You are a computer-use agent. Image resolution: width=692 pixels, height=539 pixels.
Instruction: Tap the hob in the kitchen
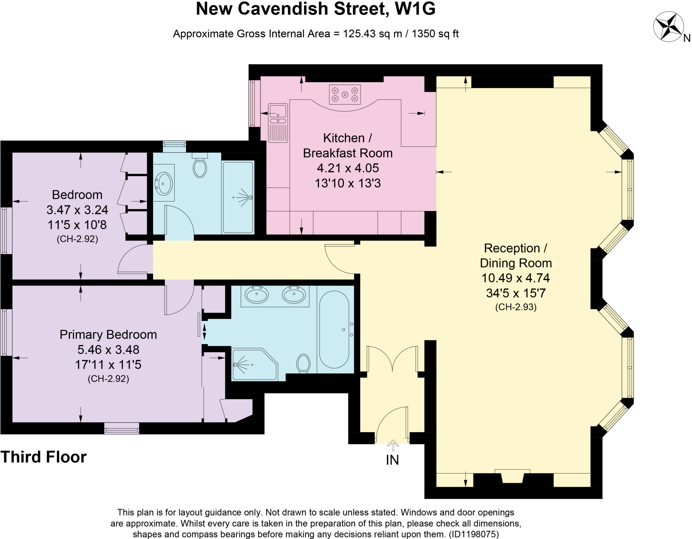345,94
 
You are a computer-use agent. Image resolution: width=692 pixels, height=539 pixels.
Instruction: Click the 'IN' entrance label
392,460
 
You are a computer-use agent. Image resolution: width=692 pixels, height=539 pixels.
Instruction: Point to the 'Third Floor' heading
44,457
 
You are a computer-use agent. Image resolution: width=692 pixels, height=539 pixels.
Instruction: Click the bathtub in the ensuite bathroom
334,329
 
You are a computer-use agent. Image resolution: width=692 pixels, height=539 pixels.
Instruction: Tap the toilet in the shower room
200,167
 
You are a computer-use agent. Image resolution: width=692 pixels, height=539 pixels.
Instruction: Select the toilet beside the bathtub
303,363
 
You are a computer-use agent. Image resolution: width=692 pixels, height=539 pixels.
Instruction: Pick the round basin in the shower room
164,183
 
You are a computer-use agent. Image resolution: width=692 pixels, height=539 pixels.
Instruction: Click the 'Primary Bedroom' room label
108,335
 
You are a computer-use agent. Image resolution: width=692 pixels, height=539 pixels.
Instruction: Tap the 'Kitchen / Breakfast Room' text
348,145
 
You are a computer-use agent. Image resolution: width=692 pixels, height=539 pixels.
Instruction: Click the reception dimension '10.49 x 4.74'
515,278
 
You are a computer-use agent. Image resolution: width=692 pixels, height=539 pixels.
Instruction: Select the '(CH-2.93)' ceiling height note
516,307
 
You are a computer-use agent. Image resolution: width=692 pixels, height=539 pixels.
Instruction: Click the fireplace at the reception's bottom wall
512,477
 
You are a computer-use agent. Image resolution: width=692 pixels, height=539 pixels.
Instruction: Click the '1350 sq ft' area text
435,34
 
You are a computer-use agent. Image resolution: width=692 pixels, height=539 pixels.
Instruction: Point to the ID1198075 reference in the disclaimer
473,534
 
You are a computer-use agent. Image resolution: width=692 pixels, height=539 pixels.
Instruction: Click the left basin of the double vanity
257,294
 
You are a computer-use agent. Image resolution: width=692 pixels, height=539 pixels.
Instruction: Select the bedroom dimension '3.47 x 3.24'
77,210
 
